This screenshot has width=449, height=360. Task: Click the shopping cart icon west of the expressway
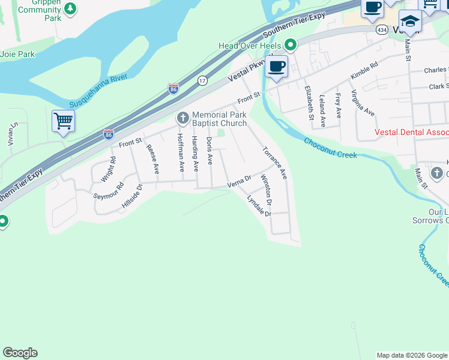[x=63, y=121]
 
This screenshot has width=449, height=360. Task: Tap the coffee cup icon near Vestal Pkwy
[x=276, y=66]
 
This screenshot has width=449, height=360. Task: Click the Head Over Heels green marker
[x=291, y=45]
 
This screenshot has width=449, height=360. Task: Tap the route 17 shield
[x=202, y=80]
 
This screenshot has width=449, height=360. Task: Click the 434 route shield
[x=382, y=29]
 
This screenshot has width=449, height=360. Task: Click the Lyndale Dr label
[x=259, y=206]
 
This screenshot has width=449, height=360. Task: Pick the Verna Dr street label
[x=239, y=182]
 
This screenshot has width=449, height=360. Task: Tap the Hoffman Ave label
[x=180, y=152]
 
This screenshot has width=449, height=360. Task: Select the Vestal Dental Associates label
[x=411, y=132]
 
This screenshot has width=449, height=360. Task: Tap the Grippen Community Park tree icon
[x=71, y=9]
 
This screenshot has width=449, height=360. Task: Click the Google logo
[x=20, y=353]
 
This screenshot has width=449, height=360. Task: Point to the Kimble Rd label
[x=364, y=71]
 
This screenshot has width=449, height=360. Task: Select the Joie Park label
[x=17, y=54]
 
